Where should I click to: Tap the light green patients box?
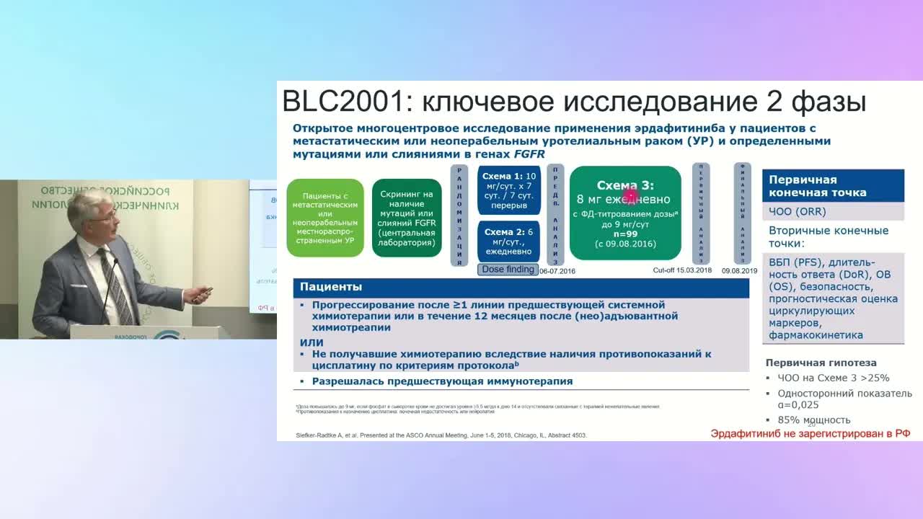tap(324, 218)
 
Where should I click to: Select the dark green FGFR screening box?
tap(407, 218)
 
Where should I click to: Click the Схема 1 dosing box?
tap(508, 190)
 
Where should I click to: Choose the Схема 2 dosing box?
tap(508, 241)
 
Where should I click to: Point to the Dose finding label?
tap(508, 269)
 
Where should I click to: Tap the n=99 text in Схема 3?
tap(625, 234)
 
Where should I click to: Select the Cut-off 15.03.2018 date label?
tap(682, 270)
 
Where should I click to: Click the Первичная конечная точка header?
tap(832, 186)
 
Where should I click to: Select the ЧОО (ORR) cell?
tap(797, 212)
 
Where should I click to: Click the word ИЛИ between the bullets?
tap(312, 342)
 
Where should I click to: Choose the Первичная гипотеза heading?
tap(821, 363)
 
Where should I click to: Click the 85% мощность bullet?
tap(813, 420)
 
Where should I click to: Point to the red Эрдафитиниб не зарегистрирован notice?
tap(810, 433)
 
